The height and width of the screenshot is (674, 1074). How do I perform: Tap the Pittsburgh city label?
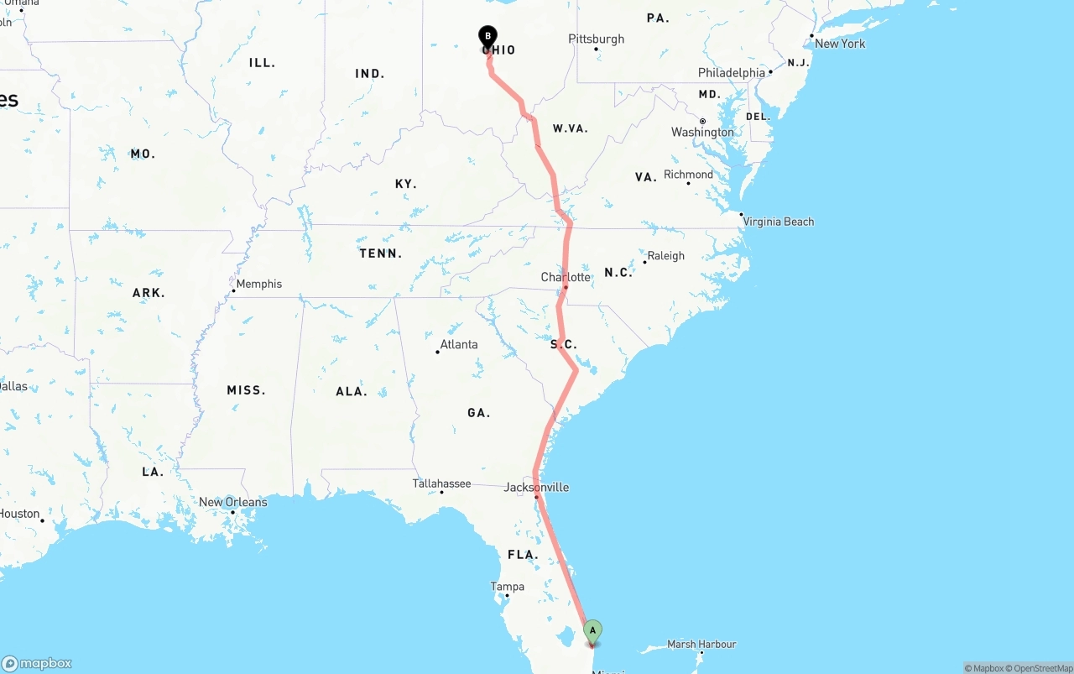(597, 39)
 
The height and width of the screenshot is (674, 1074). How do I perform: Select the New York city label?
(840, 44)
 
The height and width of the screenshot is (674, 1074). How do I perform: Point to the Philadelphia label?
(732, 73)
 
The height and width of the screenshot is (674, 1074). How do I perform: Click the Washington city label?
(702, 132)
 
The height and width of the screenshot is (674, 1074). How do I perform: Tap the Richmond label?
(688, 175)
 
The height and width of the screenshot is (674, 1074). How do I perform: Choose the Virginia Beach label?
(778, 222)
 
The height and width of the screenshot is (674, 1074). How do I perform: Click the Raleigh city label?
(666, 256)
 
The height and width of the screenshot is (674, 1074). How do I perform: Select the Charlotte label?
(566, 277)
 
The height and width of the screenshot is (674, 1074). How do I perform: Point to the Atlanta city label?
(459, 344)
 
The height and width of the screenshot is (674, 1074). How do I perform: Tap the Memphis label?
(259, 284)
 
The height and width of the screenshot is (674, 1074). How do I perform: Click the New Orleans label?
(233, 502)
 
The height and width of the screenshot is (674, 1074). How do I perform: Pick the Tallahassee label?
(441, 483)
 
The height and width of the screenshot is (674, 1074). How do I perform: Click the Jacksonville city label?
(536, 487)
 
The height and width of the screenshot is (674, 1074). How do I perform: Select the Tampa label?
(508, 587)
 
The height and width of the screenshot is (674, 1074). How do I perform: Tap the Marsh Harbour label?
(701, 644)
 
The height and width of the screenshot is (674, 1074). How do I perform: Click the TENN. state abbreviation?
(381, 253)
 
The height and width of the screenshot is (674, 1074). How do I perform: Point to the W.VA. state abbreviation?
(571, 128)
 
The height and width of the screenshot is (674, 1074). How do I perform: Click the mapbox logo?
(37, 663)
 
